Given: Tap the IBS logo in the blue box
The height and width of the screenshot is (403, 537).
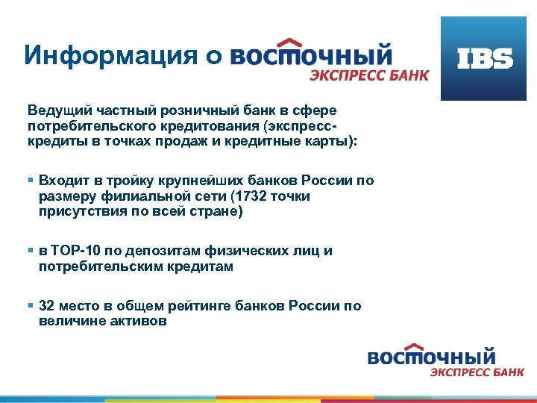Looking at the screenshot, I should (x=486, y=59).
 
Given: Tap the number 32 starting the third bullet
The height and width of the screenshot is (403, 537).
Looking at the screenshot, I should (x=46, y=306).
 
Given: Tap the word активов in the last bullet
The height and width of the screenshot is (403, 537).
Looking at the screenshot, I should (x=142, y=322).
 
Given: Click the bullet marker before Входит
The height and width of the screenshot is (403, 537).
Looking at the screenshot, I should (x=31, y=181).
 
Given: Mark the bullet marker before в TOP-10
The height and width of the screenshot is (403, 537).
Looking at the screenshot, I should (x=31, y=251).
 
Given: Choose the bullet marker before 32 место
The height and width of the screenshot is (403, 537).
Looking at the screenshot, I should (x=31, y=306).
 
